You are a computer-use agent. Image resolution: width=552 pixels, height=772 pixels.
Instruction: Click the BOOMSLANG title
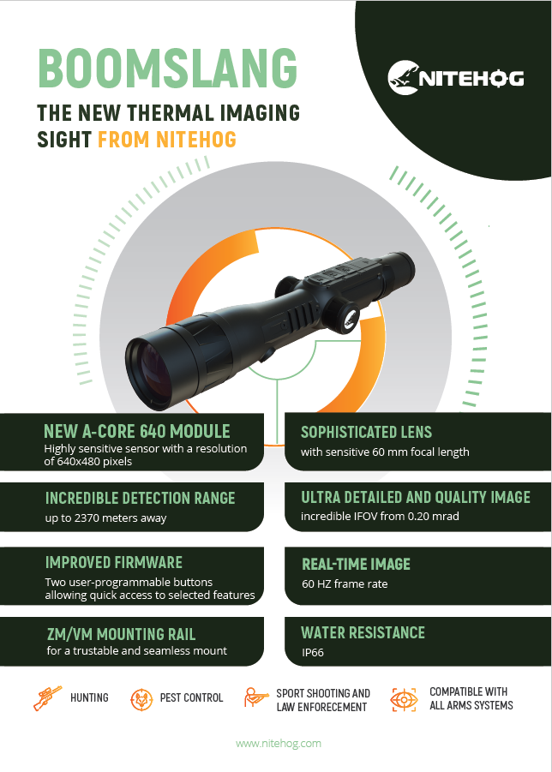pos(168,68)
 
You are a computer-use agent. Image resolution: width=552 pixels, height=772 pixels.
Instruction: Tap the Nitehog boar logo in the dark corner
pos(404,77)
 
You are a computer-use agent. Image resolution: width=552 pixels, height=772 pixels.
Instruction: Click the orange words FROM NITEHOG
pos(167,140)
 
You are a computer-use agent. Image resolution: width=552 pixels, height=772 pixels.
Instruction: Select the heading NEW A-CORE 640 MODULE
pos(137,431)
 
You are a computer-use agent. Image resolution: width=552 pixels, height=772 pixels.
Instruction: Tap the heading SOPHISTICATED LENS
pos(366,432)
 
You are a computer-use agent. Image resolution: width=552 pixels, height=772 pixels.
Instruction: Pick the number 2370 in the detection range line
pos(87,518)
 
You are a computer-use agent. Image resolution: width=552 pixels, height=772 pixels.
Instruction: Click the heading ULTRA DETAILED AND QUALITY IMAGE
pos(416,497)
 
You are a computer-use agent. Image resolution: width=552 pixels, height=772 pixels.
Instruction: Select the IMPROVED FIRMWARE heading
pos(114,562)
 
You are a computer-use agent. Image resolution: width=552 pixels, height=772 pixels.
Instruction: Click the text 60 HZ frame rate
pos(345,583)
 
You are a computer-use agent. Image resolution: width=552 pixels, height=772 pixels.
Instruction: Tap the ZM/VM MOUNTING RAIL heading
pos(121,634)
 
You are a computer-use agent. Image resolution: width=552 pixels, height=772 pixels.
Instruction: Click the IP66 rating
pos(313,652)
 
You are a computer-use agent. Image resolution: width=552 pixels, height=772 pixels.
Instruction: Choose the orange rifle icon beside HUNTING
pos(48,698)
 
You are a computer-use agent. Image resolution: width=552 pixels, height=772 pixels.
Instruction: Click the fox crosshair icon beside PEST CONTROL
pos(141,699)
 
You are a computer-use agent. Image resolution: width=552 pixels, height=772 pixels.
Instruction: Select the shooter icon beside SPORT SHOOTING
pos(256,698)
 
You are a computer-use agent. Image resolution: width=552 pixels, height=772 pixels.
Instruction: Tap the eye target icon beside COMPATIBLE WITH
pos(404,700)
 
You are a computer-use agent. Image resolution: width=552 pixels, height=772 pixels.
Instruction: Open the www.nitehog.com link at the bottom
pos(279,744)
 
